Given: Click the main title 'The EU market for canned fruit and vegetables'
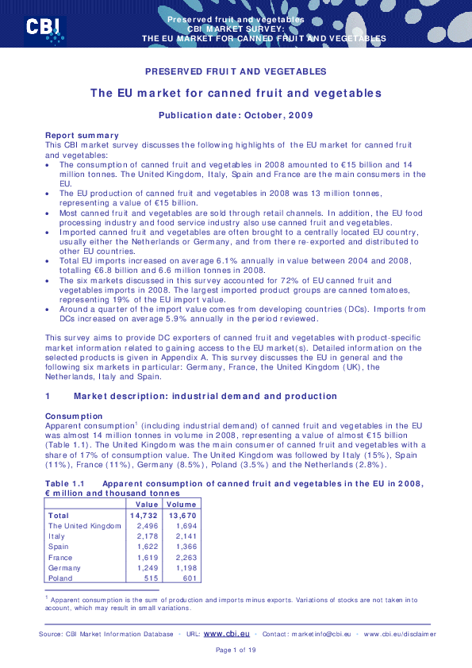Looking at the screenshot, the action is coord(236,94).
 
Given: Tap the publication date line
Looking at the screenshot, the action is coord(236,115).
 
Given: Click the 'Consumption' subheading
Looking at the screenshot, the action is coord(74,416).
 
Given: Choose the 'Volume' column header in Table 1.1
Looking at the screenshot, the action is coord(182,505).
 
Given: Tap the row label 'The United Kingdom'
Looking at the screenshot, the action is coord(84,526).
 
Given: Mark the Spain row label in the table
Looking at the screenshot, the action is coord(59,547).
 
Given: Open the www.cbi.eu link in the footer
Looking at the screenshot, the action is coord(227,634).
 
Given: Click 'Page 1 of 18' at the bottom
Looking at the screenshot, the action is coord(236,651).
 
